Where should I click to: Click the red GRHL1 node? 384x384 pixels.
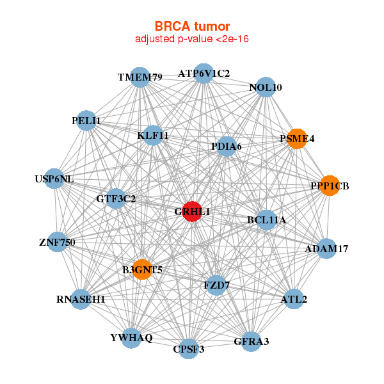click(x=192, y=212)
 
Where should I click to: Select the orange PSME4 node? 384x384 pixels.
click(x=296, y=138)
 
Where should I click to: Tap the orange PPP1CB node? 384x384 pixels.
click(x=329, y=186)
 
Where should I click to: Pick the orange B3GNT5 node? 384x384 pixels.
click(x=142, y=269)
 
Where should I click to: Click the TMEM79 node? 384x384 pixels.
click(x=140, y=77)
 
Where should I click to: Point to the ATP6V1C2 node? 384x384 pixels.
click(x=204, y=73)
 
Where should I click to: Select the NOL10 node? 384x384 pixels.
click(x=266, y=87)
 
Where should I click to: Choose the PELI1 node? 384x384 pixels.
click(x=86, y=120)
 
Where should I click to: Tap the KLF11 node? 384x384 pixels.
click(x=152, y=135)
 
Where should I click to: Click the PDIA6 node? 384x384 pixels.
click(x=226, y=147)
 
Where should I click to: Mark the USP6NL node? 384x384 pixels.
click(x=54, y=179)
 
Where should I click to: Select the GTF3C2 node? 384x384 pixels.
click(x=116, y=198)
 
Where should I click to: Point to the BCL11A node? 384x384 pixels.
click(x=266, y=220)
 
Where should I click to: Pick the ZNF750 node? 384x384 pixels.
click(x=57, y=242)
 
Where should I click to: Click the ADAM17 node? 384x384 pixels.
click(x=326, y=248)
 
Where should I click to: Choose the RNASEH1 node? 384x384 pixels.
click(x=80, y=299)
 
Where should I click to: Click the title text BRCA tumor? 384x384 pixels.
click(x=192, y=26)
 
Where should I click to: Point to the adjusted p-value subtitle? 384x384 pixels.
click(x=192, y=39)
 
